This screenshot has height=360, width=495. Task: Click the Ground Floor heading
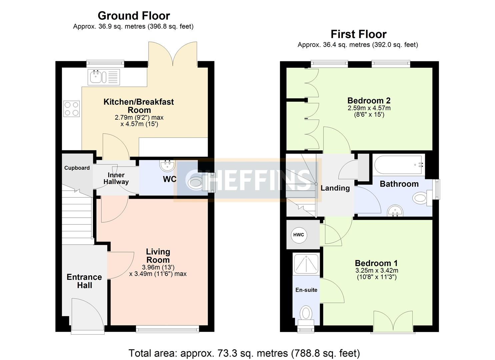[134, 16]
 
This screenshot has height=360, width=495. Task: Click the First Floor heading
[358, 34]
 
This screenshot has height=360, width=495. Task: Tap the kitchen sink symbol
[104, 77]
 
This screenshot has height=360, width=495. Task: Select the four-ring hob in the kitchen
[72, 109]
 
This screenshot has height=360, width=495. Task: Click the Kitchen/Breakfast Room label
[139, 106]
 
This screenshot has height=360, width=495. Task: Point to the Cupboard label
[77, 168]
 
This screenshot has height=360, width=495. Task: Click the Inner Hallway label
[116, 178]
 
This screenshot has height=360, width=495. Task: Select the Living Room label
[158, 256]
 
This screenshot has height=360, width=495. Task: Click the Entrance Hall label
[84, 281]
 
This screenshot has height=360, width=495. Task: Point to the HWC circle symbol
[299, 235]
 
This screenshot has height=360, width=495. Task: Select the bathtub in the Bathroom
[399, 165]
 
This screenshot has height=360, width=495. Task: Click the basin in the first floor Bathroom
[395, 211]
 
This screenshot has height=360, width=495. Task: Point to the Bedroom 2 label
[369, 100]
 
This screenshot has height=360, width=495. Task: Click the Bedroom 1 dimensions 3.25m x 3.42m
[376, 271]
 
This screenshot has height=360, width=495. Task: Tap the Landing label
[335, 188]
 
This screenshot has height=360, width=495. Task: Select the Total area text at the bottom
[244, 353]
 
